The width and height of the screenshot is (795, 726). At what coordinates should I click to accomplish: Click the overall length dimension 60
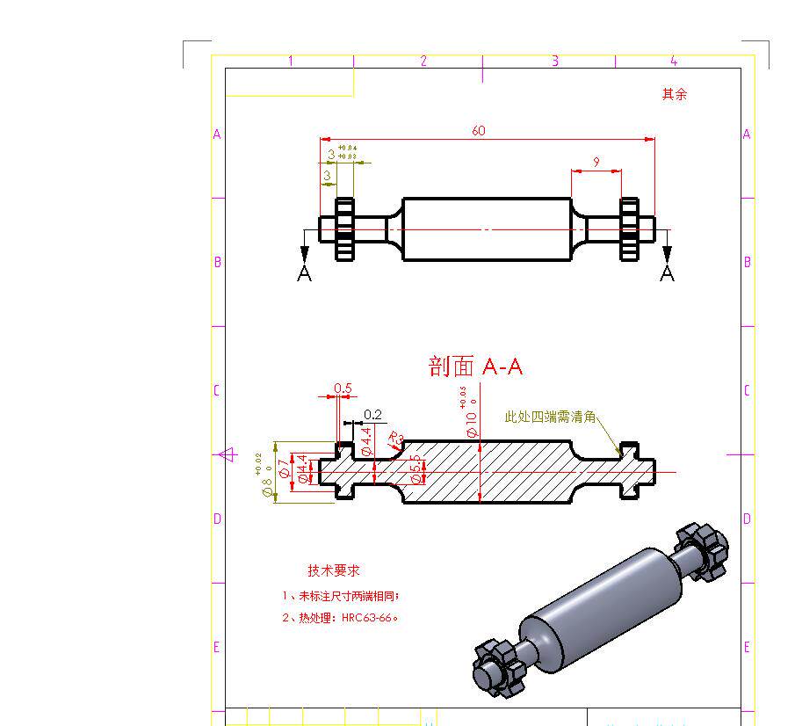pos(478,131)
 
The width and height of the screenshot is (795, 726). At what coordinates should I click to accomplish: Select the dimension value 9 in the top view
pos(596,162)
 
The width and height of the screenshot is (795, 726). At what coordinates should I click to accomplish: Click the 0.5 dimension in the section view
pos(343,388)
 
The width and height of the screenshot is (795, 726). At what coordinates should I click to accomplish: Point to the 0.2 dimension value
pos(372,414)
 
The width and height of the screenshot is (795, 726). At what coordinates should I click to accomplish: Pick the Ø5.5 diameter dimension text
pos(416,472)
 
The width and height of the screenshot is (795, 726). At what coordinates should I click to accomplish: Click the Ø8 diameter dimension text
pos(267,486)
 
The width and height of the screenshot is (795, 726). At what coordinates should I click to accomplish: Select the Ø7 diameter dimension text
pos(283,468)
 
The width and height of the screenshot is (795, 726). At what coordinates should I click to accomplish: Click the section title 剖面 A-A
pos(475,367)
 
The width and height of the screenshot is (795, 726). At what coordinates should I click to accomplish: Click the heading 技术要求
pos(333,570)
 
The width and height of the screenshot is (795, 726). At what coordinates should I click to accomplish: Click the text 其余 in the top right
pos(674,94)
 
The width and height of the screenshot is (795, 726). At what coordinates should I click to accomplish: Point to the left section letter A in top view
pos(305,273)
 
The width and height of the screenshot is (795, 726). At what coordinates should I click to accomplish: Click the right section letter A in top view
pos(668,273)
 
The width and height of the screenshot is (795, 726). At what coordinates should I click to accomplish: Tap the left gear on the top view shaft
pos(344,229)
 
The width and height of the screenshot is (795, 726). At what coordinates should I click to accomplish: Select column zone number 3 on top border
pos(554,61)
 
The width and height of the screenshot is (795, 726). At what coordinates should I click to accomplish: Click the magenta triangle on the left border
pos(227,454)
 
